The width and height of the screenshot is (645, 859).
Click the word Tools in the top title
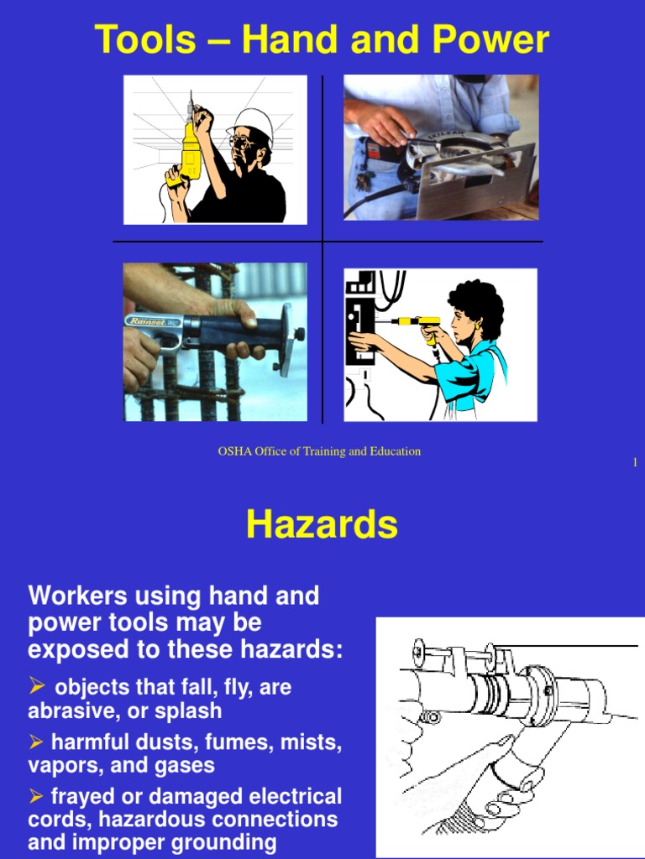click(144, 39)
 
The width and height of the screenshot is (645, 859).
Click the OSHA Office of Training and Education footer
click(319, 451)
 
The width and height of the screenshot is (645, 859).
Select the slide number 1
click(635, 463)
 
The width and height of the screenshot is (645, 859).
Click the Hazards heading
click(322, 526)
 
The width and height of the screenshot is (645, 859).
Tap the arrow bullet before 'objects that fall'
click(36, 687)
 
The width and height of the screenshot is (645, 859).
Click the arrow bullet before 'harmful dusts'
click(36, 742)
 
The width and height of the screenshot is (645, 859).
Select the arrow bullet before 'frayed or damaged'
click(36, 796)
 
